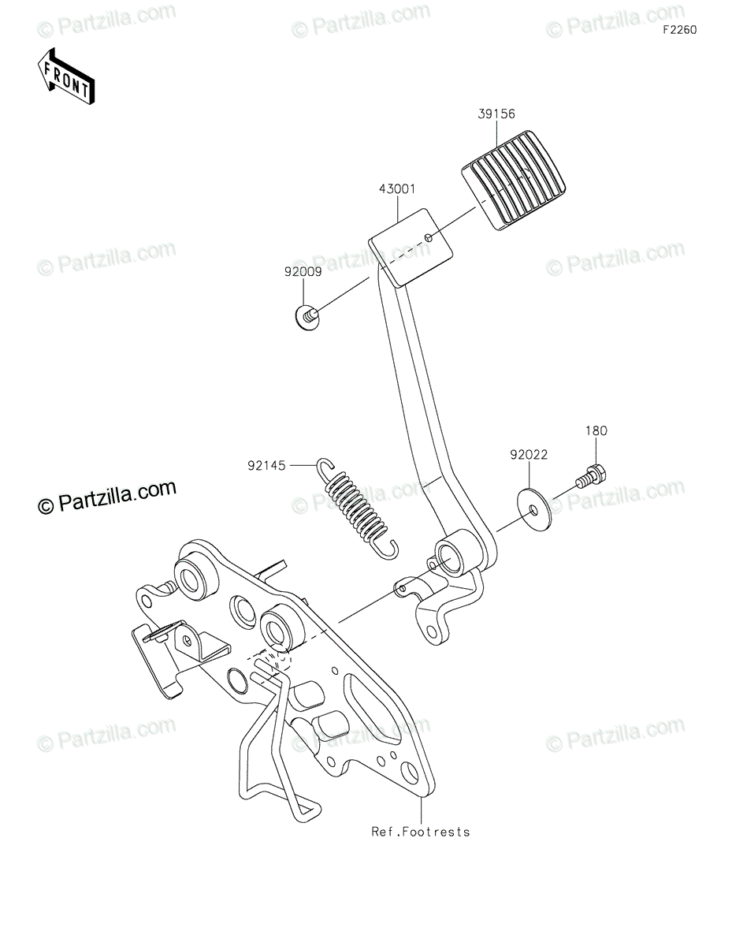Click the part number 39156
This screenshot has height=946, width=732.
tap(496, 115)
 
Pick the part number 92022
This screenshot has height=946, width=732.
tap(528, 456)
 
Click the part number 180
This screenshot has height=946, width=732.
tap(596, 431)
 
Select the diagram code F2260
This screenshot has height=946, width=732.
tap(679, 30)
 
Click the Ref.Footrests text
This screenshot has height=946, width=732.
tap(422, 832)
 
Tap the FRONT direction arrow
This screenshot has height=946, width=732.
tap(68, 76)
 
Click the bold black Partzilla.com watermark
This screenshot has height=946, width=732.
tap(107, 496)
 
